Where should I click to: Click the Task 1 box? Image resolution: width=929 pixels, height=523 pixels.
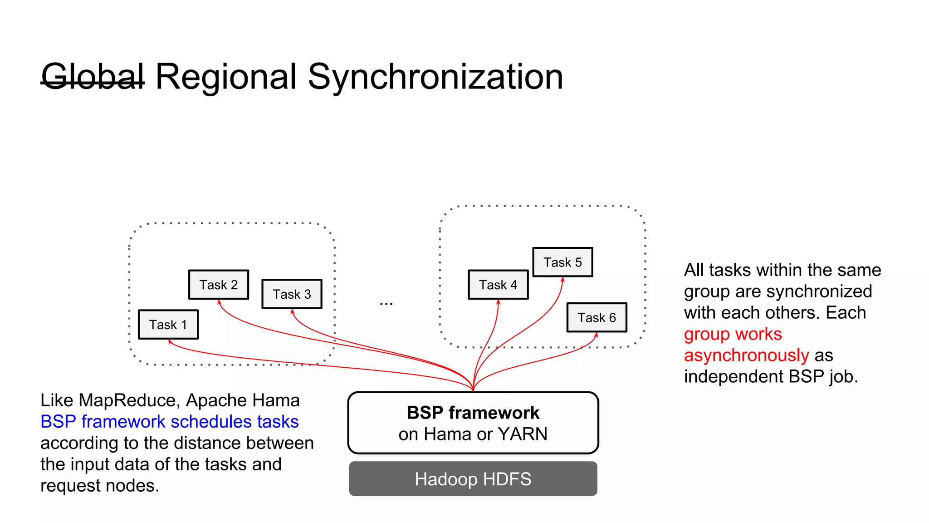pyautogui.click(x=168, y=325)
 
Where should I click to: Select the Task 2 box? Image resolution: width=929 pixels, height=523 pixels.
pyautogui.click(x=219, y=285)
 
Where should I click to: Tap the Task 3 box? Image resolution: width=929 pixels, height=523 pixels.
pyautogui.click(x=292, y=294)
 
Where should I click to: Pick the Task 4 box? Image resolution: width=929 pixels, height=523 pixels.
pyautogui.click(x=498, y=285)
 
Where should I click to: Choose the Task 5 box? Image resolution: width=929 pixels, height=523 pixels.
pyautogui.click(x=562, y=262)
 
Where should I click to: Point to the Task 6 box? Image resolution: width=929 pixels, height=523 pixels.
pyautogui.click(x=597, y=317)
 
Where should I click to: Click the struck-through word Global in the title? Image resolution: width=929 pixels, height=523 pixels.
pyautogui.click(x=93, y=77)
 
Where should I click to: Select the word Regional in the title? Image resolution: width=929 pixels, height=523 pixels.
pyautogui.click(x=225, y=77)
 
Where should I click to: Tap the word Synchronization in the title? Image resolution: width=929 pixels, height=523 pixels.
pyautogui.click(x=435, y=77)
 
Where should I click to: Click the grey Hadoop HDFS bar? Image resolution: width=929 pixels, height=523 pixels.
pyautogui.click(x=473, y=479)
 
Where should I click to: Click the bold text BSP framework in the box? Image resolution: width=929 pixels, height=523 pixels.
pyautogui.click(x=473, y=413)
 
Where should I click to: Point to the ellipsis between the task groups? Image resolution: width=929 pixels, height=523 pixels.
pyautogui.click(x=386, y=303)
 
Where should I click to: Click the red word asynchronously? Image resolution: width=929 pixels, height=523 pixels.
pyautogui.click(x=746, y=355)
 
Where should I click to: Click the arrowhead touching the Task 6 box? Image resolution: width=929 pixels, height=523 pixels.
pyautogui.click(x=597, y=335)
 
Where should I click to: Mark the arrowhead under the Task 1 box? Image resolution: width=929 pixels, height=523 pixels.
pyautogui.click(x=169, y=342)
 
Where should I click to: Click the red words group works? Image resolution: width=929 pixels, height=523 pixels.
pyautogui.click(x=733, y=334)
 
